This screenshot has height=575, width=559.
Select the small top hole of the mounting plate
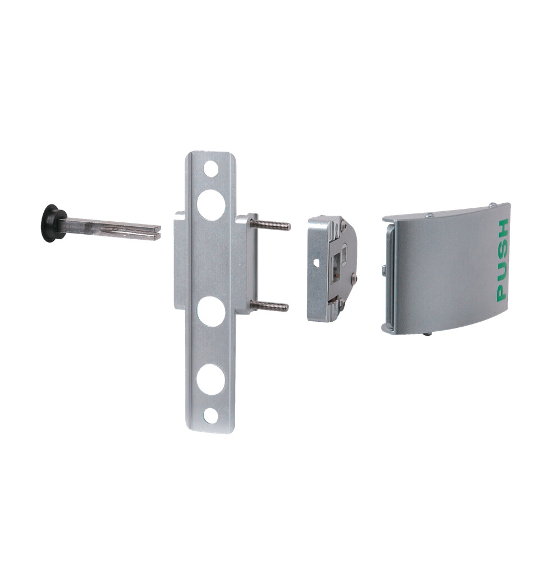point(210,168)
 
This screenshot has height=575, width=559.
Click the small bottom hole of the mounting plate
point(210,416)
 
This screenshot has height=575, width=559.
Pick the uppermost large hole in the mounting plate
point(211,204)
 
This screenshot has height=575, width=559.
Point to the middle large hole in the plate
point(211,312)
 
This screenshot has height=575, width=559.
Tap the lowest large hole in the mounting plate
point(210,379)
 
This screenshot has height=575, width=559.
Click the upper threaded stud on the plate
point(271,225)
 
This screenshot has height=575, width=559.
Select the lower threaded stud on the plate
point(269,306)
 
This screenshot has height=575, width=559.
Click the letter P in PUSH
point(501,292)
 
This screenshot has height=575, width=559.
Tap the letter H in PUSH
point(502,229)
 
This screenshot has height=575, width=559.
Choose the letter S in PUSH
point(502,250)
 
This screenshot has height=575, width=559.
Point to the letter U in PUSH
point(502,271)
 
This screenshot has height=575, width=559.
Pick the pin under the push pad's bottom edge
point(428,334)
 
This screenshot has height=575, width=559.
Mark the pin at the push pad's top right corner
point(492,206)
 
